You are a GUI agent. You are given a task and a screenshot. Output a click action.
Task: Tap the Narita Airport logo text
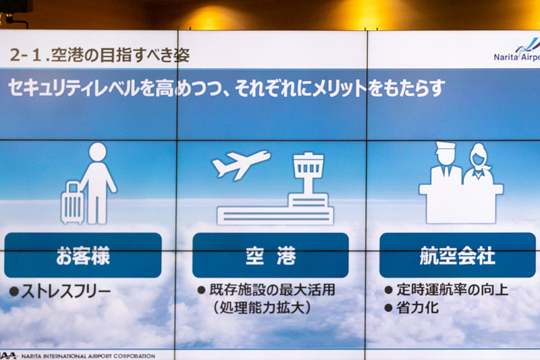(x=516, y=57)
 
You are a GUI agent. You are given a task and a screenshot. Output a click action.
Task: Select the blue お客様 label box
(x=83, y=255)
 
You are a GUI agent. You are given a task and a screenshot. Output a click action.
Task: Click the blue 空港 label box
(x=270, y=255)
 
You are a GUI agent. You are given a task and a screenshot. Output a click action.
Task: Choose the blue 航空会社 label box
(x=457, y=255)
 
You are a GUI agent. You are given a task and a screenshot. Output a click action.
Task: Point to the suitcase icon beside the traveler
(x=72, y=203)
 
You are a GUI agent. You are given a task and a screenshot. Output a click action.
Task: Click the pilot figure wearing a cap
(x=446, y=164)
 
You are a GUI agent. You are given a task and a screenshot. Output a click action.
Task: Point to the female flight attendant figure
(x=479, y=165)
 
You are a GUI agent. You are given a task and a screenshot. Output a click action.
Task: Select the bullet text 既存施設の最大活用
(x=272, y=290)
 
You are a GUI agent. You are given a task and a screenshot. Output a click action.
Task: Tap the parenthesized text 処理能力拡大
(x=262, y=308)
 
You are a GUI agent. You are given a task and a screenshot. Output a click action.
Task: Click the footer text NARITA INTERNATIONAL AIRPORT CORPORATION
(x=88, y=355)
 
